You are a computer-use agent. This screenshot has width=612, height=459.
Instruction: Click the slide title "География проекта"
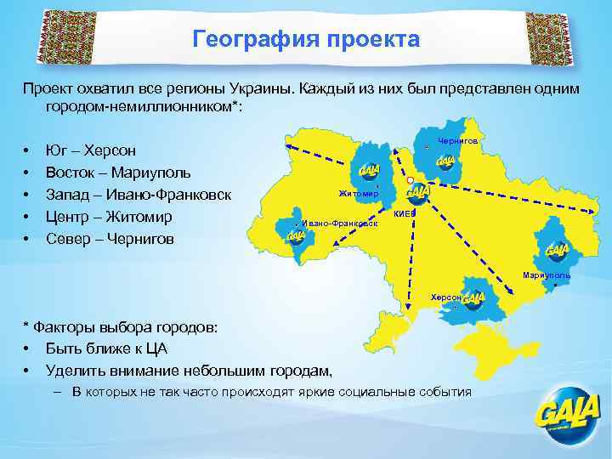[x=306, y=39]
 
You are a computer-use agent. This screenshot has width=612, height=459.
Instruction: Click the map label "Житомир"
[x=358, y=194]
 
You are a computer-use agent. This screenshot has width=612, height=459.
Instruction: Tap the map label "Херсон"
[x=445, y=297]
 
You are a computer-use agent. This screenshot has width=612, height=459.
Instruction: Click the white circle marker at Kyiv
[x=410, y=180]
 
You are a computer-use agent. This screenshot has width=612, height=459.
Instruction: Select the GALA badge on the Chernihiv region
[x=445, y=161]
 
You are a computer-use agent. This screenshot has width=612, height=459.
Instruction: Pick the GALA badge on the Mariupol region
[x=558, y=250]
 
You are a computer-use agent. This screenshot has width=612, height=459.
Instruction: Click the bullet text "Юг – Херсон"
[x=91, y=150]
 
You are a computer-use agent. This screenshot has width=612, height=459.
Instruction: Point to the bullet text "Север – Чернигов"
[x=110, y=239]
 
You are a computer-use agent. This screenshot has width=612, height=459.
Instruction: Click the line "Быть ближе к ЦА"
[x=106, y=348]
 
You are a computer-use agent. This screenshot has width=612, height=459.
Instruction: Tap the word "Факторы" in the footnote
[x=62, y=326]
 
